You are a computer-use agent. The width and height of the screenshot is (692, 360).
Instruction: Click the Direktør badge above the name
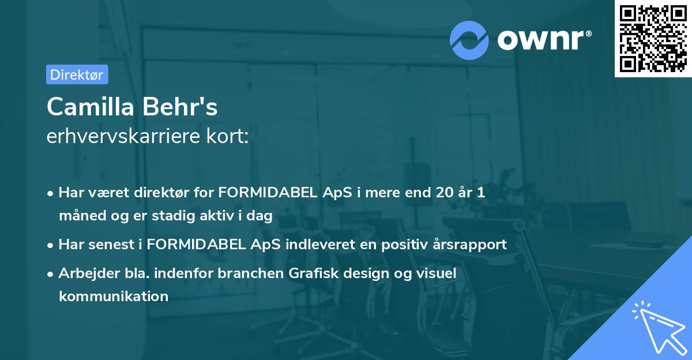[77, 74]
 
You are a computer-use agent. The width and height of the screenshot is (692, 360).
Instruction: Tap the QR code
[653, 38]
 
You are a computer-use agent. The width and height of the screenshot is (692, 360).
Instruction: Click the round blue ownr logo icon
[469, 40]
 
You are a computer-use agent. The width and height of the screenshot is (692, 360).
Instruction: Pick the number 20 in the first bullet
[445, 193]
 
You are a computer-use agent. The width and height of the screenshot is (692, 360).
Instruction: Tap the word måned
[80, 216]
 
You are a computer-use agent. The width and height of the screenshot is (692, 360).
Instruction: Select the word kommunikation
[114, 297]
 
